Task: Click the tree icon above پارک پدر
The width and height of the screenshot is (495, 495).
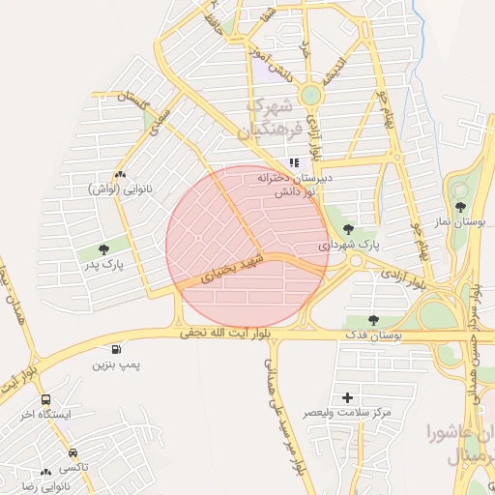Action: pyautogui.click(x=103, y=249)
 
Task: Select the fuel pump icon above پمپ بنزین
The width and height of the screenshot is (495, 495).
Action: pyautogui.click(x=117, y=349)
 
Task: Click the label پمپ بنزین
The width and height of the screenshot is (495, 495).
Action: pyautogui.click(x=116, y=364)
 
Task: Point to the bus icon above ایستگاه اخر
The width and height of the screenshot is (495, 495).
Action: pyautogui.click(x=45, y=399)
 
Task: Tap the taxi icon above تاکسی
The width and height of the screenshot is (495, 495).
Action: pyautogui.click(x=73, y=452)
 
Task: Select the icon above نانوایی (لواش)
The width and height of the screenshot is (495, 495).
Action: pyautogui.click(x=119, y=174)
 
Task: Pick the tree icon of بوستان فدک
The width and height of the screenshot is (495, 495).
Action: pyautogui.click(x=373, y=320)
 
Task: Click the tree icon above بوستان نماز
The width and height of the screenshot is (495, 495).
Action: pyautogui.click(x=460, y=207)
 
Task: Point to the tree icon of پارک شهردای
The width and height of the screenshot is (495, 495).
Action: pyautogui.click(x=348, y=230)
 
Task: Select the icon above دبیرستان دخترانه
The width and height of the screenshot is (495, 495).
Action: pyautogui.click(x=294, y=163)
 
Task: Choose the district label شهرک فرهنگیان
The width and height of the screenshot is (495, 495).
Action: pyautogui.click(x=276, y=116)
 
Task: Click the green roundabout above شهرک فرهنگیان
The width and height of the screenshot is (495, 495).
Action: pyautogui.click(x=310, y=95)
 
